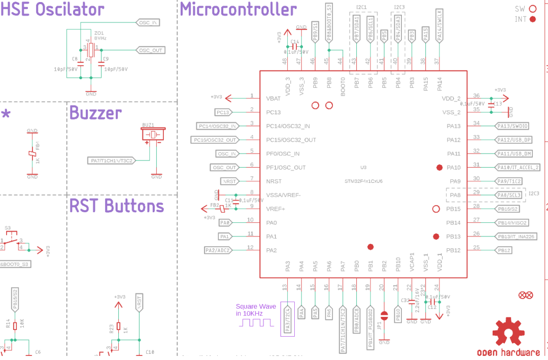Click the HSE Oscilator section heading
52,9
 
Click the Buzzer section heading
95,113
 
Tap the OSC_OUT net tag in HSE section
151,50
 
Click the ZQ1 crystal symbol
91,50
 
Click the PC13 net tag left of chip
223,112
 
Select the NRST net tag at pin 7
229,181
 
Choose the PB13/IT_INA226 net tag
515,236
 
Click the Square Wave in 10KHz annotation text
256,310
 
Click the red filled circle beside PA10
440,167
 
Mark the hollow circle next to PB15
435,209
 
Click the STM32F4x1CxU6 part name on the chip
363,181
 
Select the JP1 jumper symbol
384,315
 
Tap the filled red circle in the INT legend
532,19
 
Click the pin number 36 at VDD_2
476,96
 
